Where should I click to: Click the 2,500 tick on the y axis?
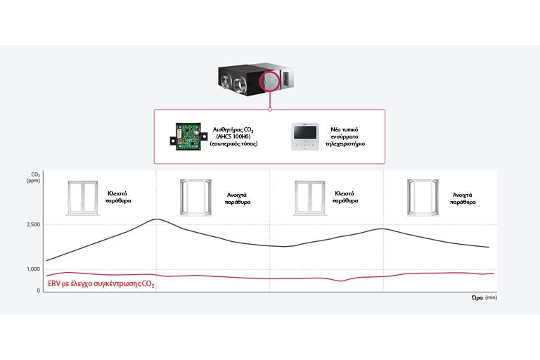coord(33,224)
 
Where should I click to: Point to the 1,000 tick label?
coord(33,269)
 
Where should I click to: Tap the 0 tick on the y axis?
coord(37,290)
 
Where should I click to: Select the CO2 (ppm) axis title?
coord(34,176)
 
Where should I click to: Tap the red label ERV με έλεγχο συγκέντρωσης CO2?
coord(101,285)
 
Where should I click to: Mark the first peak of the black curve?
coord(156,219)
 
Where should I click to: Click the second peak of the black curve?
coord(380,229)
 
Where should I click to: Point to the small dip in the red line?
coord(341,281)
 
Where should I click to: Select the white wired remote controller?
coord(304,136)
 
